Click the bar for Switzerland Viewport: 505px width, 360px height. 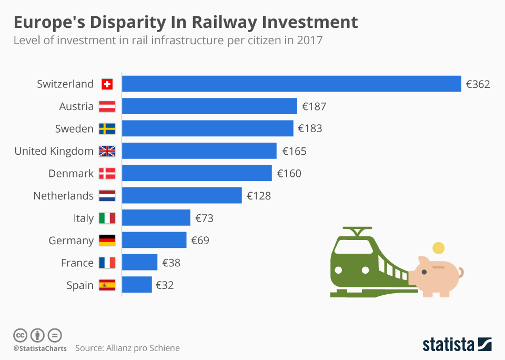pos(291,84)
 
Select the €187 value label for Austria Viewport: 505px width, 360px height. pos(314,106)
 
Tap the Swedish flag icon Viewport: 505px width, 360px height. pos(107,129)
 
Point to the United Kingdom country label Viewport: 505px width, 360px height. pos(54,151)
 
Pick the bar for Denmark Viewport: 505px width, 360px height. pos(197,173)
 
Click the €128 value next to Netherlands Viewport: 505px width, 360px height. pos(258,196)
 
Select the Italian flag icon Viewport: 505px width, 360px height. pos(107,218)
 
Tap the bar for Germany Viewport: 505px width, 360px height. pos(154,241)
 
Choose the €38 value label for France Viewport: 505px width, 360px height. pos(171,263)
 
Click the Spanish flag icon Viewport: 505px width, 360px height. pos(107,285)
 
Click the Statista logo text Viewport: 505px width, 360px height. pos(448,345)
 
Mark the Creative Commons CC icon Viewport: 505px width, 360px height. pos(20,335)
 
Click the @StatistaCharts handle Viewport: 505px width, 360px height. pos(40,348)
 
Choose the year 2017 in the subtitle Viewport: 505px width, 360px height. pos(310,41)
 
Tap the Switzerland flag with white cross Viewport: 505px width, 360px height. pos(107,84)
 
